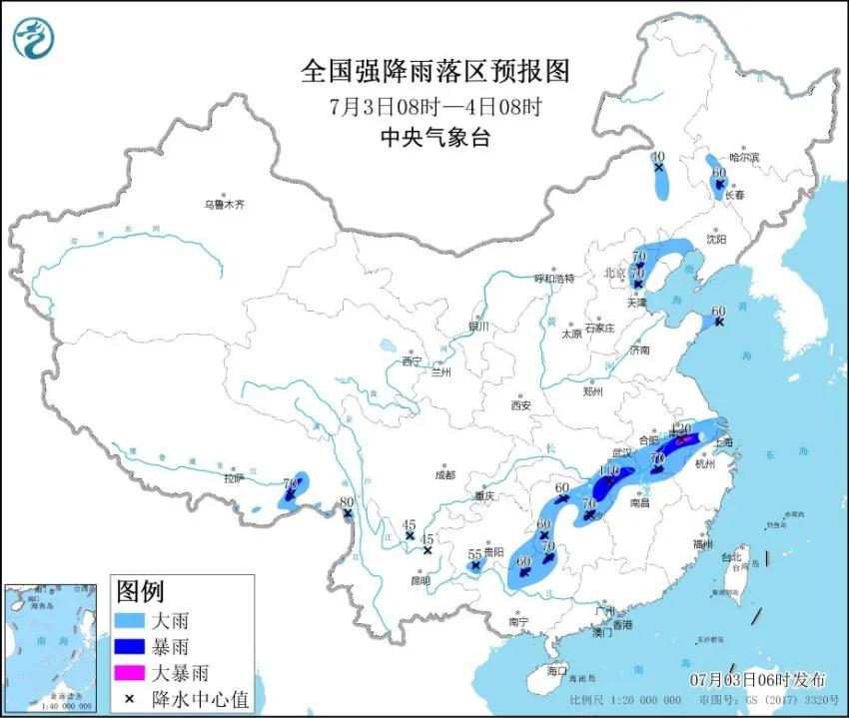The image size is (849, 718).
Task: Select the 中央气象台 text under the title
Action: (x=435, y=138)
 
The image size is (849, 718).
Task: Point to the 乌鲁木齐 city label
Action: (x=224, y=204)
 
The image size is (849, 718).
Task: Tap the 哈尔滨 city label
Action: (x=744, y=158)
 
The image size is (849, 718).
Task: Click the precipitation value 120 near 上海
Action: (x=682, y=428)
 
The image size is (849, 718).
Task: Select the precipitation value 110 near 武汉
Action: (x=609, y=470)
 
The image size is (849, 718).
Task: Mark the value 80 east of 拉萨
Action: (x=348, y=502)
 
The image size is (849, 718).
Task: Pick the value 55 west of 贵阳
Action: (x=475, y=553)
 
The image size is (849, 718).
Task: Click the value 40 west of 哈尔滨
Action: (x=657, y=157)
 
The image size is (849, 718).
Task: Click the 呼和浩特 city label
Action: (x=554, y=279)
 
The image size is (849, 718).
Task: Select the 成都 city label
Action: (x=444, y=476)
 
